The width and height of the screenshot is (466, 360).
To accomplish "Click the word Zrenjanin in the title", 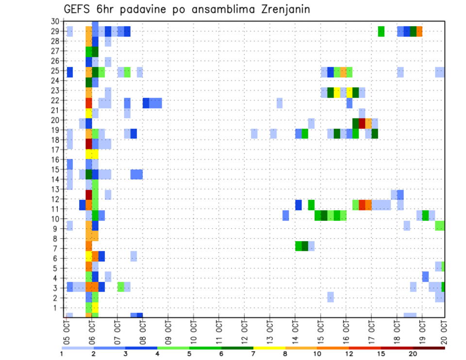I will tap(282, 9).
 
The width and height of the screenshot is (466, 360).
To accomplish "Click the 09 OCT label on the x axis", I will tap(168, 329).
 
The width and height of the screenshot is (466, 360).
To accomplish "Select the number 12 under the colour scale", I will tap(349, 354).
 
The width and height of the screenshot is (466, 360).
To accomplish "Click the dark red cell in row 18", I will tap(89, 144).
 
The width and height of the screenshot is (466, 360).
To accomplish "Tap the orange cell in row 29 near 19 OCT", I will tap(419, 32).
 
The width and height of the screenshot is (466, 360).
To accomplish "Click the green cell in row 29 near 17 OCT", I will tap(381, 32).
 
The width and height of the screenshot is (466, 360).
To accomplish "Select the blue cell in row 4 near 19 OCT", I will tap(425, 277).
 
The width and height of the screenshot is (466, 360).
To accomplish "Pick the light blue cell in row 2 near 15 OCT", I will tap(331, 297).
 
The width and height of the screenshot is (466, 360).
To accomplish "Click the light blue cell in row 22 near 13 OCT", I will tap(280, 103).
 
